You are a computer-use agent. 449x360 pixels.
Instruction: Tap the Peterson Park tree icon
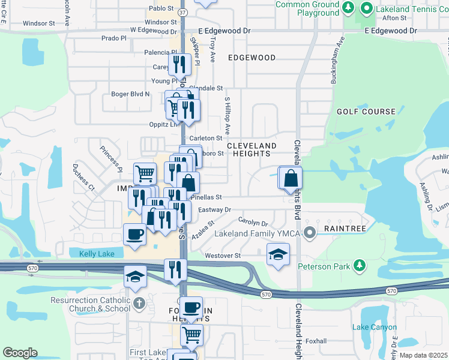click(x=359, y=265)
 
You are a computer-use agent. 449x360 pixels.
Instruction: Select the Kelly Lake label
click(x=97, y=254)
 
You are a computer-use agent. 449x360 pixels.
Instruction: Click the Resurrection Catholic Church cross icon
click(x=139, y=303)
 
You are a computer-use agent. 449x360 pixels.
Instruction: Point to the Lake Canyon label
click(x=375, y=327)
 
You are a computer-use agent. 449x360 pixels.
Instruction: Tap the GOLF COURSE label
click(x=366, y=112)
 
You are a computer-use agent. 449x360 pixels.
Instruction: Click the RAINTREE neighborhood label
click(x=342, y=229)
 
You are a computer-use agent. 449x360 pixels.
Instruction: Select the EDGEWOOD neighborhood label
click(x=252, y=58)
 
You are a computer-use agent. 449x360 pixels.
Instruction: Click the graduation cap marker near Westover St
click(x=278, y=254)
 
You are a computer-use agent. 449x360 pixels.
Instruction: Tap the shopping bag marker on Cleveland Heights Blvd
click(x=291, y=178)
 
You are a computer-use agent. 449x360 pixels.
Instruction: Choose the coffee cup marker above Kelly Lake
click(x=134, y=234)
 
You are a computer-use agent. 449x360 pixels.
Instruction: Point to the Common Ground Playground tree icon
click(x=348, y=7)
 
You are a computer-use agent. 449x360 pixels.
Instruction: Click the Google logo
click(x=20, y=353)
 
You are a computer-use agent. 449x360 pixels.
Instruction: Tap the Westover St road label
click(x=222, y=256)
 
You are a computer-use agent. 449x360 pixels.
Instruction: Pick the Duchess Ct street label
click(x=83, y=177)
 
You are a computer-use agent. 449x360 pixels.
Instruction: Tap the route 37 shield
click(x=183, y=11)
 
